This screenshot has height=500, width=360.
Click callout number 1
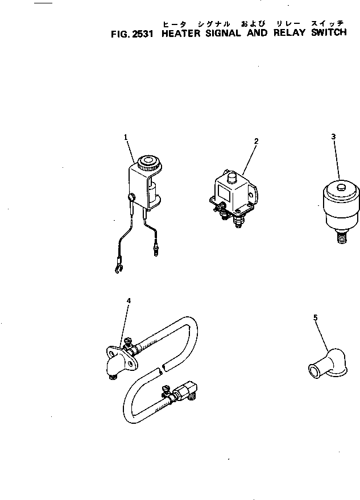pos(126,137)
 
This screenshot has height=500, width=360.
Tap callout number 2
pos(256,141)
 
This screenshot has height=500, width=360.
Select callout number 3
pos(333,137)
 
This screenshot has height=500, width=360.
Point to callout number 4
pos(129,300)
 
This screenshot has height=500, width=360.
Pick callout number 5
pos(316,317)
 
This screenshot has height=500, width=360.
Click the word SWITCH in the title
pos(329,33)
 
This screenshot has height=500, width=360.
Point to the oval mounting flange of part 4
pos(121,358)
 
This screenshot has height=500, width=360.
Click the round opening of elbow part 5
pos(313,372)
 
